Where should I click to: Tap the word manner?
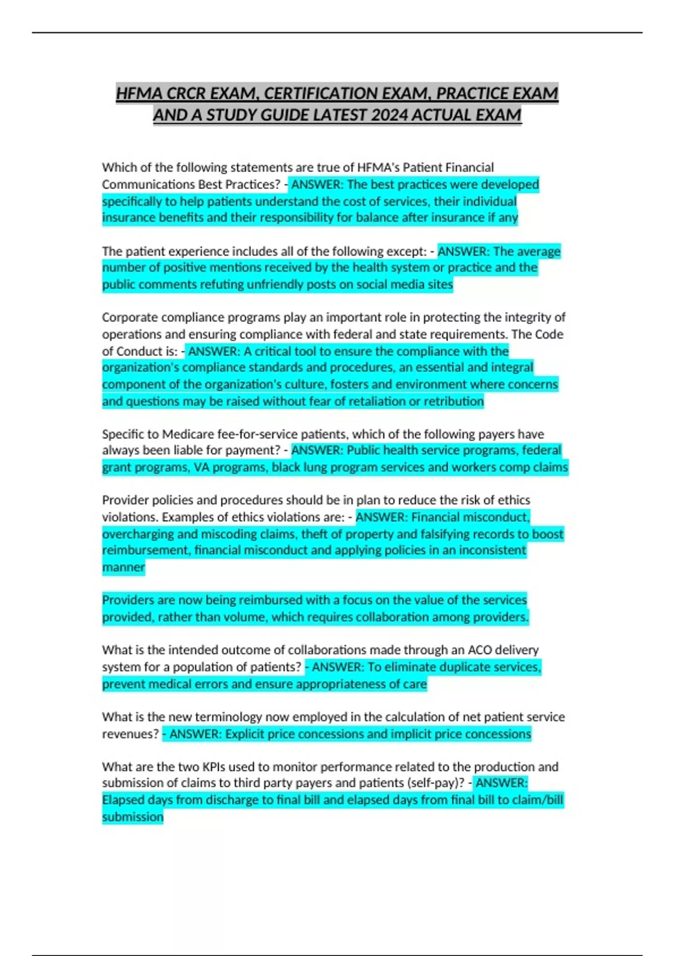(123, 567)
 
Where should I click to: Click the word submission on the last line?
(132, 817)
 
